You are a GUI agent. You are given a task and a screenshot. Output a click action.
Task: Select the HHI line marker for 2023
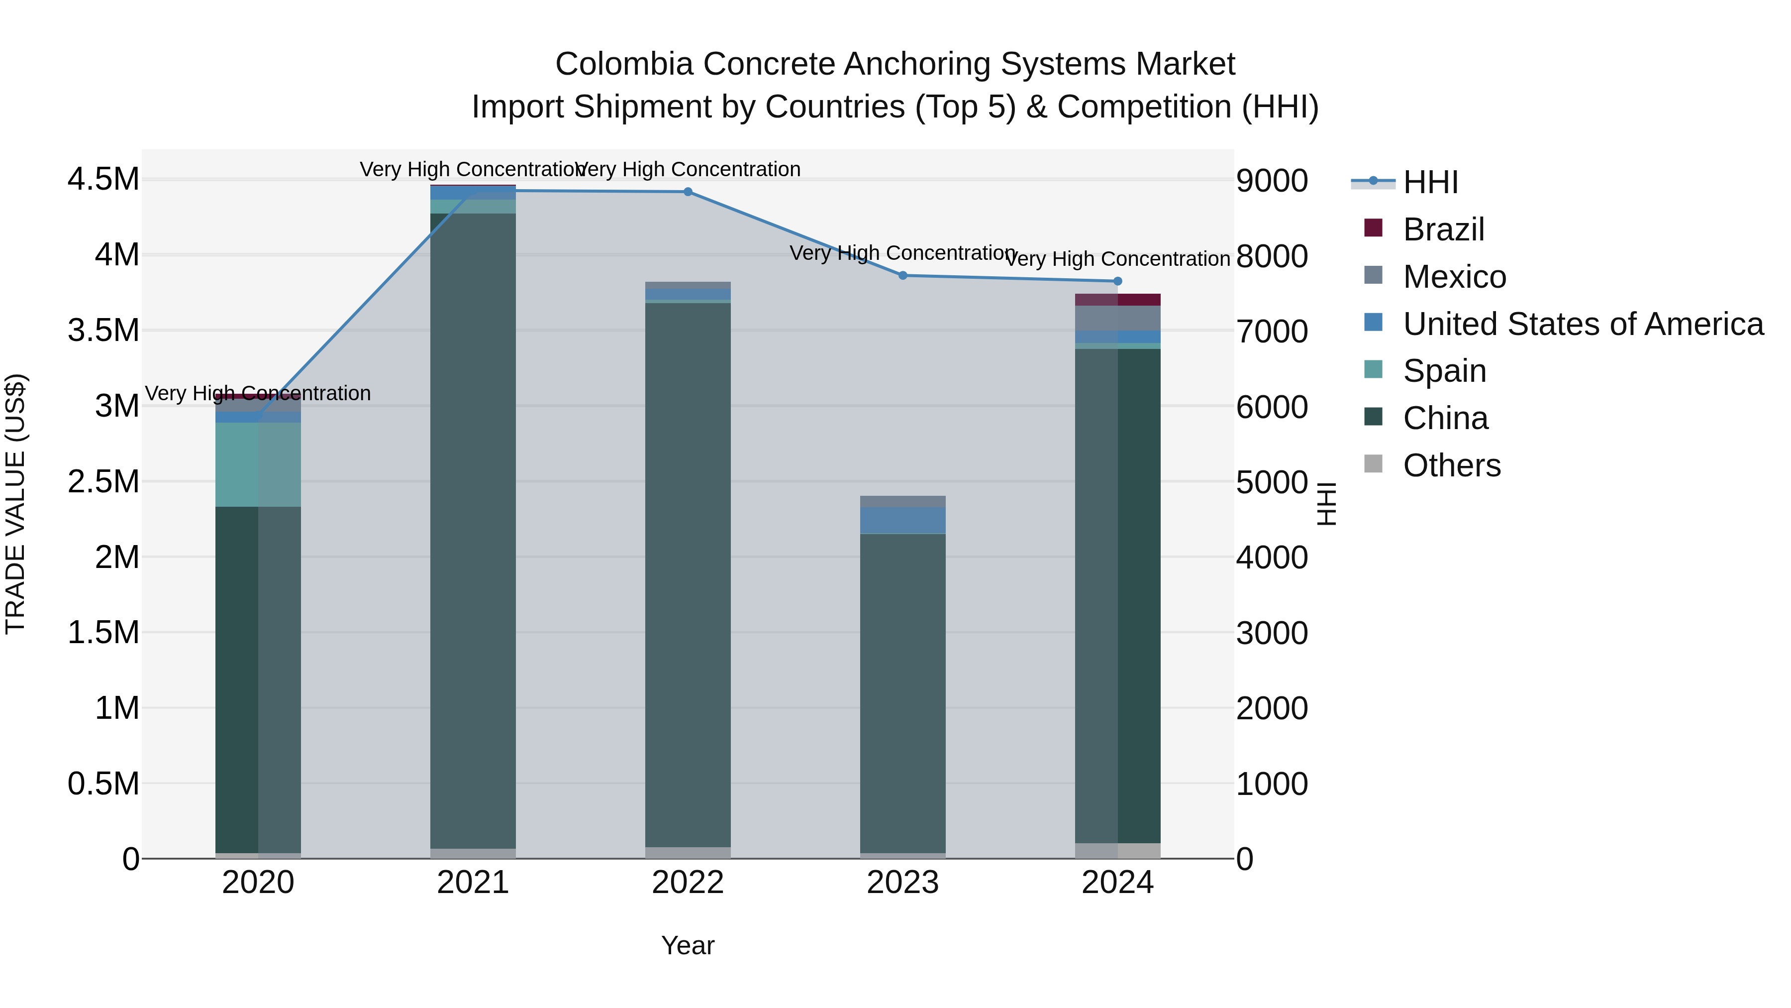[x=902, y=275]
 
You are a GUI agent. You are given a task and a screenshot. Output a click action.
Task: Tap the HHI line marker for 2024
[x=1117, y=281]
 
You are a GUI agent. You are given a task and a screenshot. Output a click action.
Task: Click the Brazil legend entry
[x=1443, y=229]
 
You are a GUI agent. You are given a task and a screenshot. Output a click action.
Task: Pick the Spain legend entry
[x=1444, y=371]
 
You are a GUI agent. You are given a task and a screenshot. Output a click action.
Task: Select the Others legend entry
[x=1451, y=465]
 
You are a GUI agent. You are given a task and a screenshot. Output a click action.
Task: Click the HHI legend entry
[x=1430, y=182]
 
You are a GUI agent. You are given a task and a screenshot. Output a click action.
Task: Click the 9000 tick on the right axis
[x=1272, y=181]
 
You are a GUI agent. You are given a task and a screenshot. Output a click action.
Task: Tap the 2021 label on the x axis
[x=473, y=883]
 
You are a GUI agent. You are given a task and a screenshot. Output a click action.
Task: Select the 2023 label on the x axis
[x=902, y=883]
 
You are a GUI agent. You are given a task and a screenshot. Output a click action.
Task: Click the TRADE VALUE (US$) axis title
[x=15, y=504]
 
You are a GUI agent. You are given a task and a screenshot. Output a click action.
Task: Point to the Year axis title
[x=688, y=945]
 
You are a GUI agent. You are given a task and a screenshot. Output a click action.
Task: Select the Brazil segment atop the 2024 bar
[x=1117, y=300]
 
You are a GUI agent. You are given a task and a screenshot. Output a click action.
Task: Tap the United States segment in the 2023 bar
[x=902, y=520]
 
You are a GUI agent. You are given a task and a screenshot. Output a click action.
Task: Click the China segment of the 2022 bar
[x=688, y=574]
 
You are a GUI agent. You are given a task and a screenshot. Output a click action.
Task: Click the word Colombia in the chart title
[x=624, y=65]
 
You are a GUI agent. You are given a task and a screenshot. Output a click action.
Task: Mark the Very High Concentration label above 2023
[x=902, y=253]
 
